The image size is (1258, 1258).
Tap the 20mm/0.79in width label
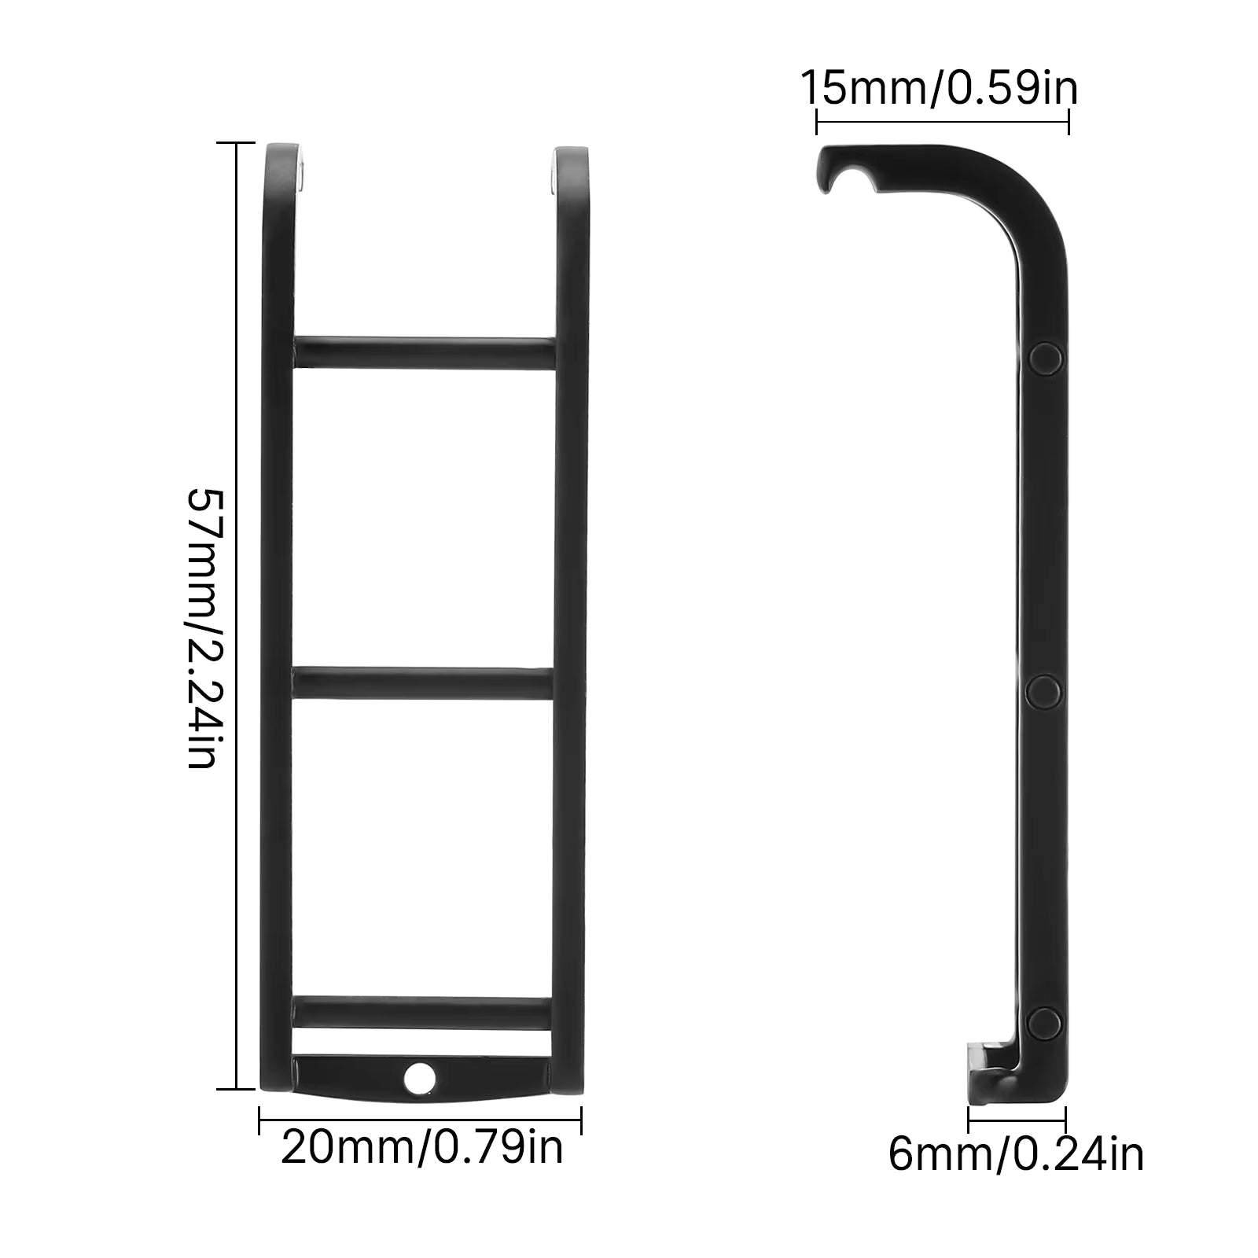(422, 1148)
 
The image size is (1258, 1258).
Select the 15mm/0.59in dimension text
(939, 88)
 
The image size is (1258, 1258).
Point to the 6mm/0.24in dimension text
(1016, 1154)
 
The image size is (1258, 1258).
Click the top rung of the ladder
(425, 352)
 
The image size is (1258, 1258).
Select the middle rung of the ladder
(425, 682)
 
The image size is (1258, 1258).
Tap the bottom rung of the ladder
(425, 1012)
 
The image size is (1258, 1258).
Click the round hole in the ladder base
(421, 1076)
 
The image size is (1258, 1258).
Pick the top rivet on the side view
(1045, 358)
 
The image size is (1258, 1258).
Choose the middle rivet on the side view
(1045, 690)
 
